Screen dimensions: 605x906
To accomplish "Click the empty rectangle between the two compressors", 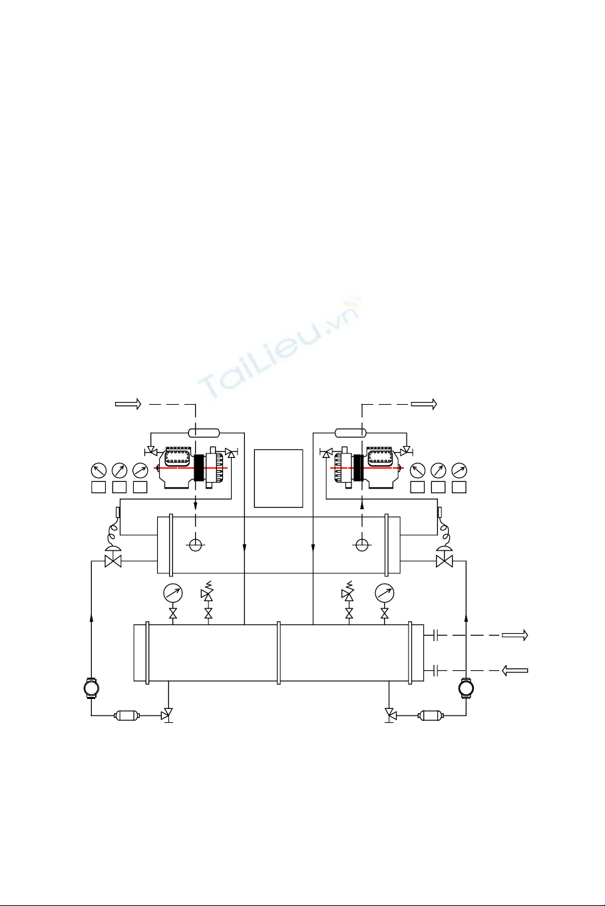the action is [278, 478].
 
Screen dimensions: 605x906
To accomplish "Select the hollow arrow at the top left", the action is [128, 403].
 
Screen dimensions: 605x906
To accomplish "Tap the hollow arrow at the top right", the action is [424, 403].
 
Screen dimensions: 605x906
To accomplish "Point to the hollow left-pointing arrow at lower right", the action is [515, 670].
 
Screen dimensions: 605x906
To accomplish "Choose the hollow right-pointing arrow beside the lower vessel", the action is [515, 636].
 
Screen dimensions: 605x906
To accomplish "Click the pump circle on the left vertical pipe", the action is [91, 688].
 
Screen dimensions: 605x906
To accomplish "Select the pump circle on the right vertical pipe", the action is [466, 688].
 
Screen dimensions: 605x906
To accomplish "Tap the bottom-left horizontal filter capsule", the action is [127, 716].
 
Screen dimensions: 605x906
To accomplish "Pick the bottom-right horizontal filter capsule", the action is [431, 716].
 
